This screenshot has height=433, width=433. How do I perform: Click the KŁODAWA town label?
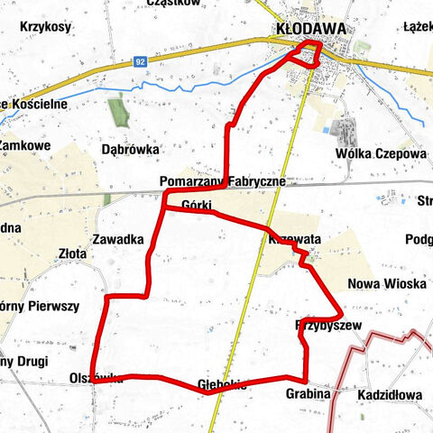[x=309, y=29]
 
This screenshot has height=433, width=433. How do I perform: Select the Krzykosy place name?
[x=40, y=27]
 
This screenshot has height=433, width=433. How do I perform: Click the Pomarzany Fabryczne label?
[x=222, y=180]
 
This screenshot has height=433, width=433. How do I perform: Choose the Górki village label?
[x=196, y=204]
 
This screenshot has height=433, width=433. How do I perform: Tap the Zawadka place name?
[x=117, y=240]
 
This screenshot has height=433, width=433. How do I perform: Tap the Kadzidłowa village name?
[x=389, y=396]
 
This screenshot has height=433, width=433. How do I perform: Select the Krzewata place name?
[x=294, y=240]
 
